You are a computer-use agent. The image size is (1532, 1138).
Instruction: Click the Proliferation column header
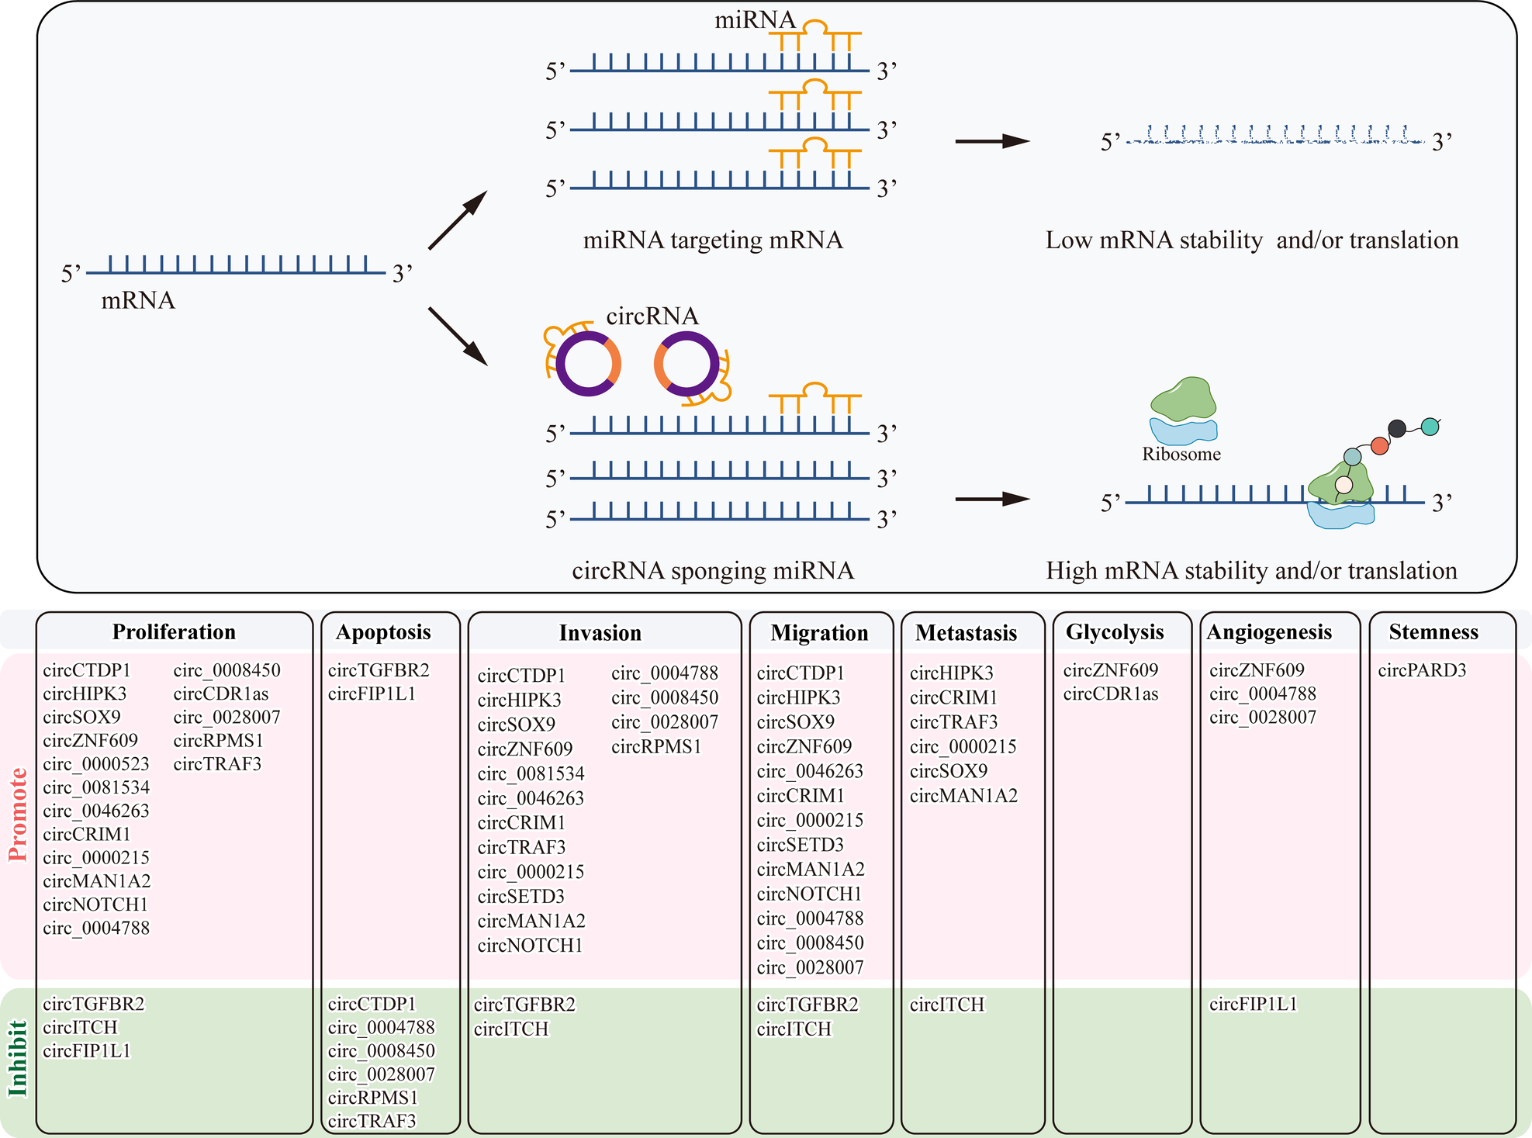pyautogui.click(x=174, y=632)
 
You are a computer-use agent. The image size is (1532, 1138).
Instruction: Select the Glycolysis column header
pyautogui.click(x=1115, y=632)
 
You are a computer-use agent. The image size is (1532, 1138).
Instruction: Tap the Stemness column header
pyautogui.click(x=1433, y=632)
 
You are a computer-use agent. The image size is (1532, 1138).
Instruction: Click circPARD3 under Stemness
pyautogui.click(x=1422, y=670)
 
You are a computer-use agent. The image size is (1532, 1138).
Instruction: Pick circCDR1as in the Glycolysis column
pyautogui.click(x=1110, y=694)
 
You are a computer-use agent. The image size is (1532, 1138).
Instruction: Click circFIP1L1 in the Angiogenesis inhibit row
pyautogui.click(x=1253, y=1005)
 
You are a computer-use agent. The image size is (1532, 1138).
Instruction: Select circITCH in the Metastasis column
pyautogui.click(x=946, y=1005)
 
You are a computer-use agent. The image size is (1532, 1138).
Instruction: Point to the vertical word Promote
pyautogui.click(x=18, y=815)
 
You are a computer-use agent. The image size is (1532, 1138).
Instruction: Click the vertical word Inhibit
pyautogui.click(x=18, y=1059)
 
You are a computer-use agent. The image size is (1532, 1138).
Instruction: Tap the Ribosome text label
pyautogui.click(x=1181, y=455)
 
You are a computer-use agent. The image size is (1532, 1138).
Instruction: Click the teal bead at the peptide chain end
pyautogui.click(x=1430, y=426)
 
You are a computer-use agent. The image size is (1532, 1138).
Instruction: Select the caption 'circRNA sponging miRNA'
pyautogui.click(x=712, y=571)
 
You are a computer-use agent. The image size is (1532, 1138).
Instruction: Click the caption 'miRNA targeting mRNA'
pyautogui.click(x=712, y=240)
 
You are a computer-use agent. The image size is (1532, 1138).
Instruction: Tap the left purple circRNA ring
pyautogui.click(x=589, y=364)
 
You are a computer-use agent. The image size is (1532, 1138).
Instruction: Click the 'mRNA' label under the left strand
pyautogui.click(x=138, y=301)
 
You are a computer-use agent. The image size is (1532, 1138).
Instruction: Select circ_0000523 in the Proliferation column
pyautogui.click(x=96, y=764)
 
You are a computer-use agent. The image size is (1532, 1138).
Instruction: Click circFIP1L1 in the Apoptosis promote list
pyautogui.click(x=372, y=694)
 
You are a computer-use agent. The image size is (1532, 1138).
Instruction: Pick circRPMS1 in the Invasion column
pyautogui.click(x=656, y=747)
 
